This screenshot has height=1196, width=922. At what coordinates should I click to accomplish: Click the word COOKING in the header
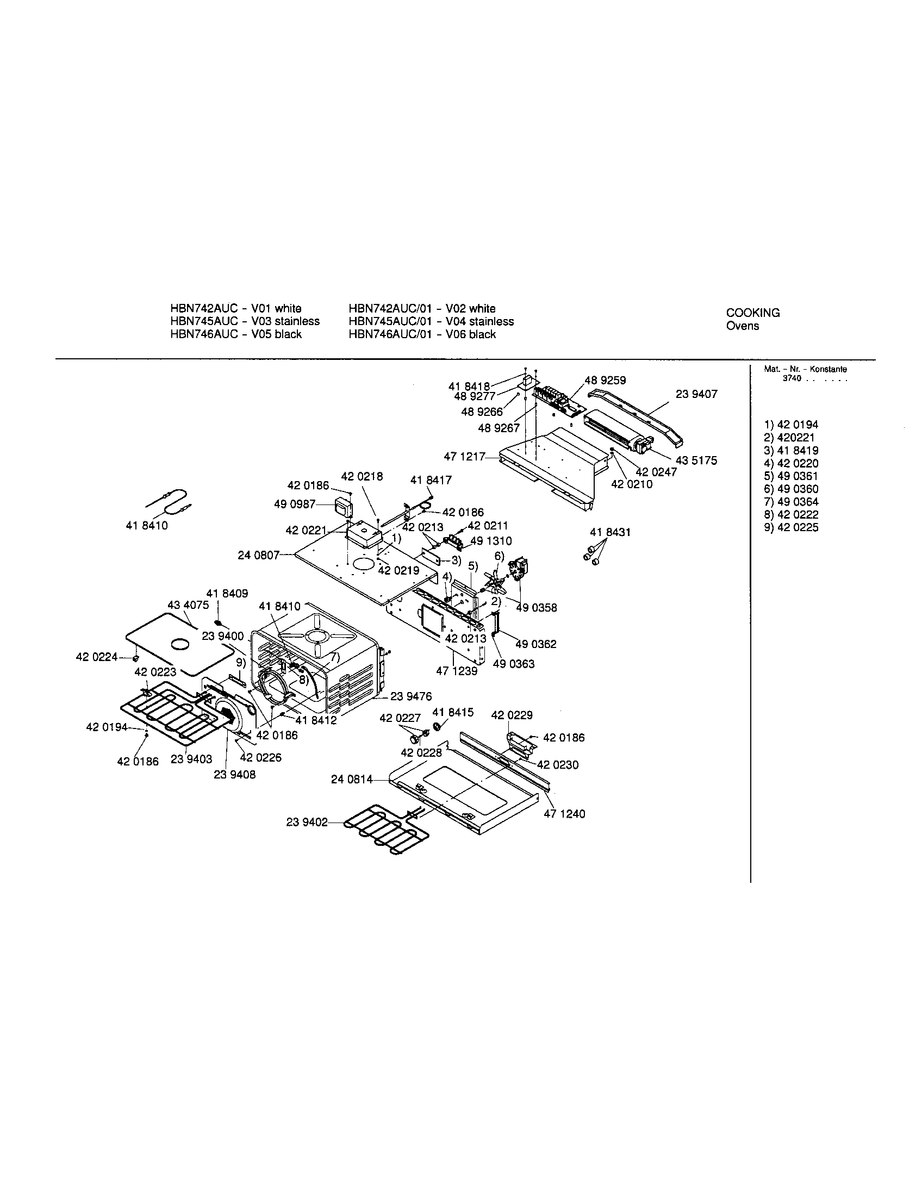[753, 313]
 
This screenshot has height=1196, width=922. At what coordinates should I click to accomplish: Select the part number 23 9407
[696, 394]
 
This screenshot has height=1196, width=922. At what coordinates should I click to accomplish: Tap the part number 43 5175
[695, 460]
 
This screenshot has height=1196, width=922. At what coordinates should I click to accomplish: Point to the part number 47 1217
[464, 456]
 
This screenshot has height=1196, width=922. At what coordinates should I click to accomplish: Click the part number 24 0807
[258, 555]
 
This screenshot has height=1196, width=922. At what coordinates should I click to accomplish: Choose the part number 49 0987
[295, 504]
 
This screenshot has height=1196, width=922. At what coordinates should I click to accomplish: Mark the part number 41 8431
[610, 532]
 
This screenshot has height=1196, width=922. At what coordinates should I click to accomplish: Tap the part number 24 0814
[352, 779]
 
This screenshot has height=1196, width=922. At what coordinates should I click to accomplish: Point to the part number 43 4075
[188, 605]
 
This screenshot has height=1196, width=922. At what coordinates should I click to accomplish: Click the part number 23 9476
[410, 696]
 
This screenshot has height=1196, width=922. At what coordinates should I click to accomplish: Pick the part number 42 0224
[96, 657]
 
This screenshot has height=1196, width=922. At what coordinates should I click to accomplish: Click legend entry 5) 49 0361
[791, 476]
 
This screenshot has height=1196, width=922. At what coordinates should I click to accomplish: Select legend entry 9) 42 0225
[791, 527]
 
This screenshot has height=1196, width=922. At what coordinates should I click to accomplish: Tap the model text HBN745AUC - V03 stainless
[245, 321]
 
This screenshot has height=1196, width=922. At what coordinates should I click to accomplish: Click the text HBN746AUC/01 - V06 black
[422, 334]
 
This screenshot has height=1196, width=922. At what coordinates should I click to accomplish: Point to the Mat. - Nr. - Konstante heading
[805, 369]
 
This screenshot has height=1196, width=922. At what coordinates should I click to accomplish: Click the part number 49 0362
[535, 644]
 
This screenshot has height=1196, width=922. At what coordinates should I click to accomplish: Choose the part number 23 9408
[234, 775]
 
